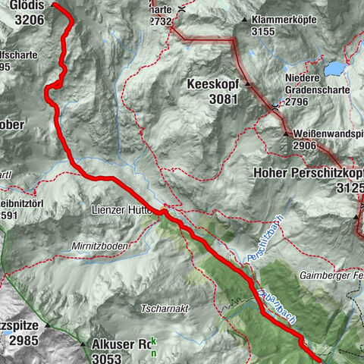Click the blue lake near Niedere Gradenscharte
[334, 68]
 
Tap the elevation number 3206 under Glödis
[30, 20]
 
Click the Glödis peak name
[30, 6]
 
